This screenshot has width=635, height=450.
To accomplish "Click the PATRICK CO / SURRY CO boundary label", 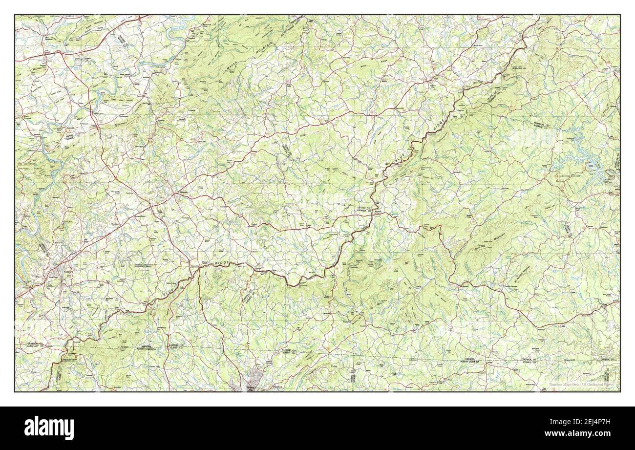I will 289,352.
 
